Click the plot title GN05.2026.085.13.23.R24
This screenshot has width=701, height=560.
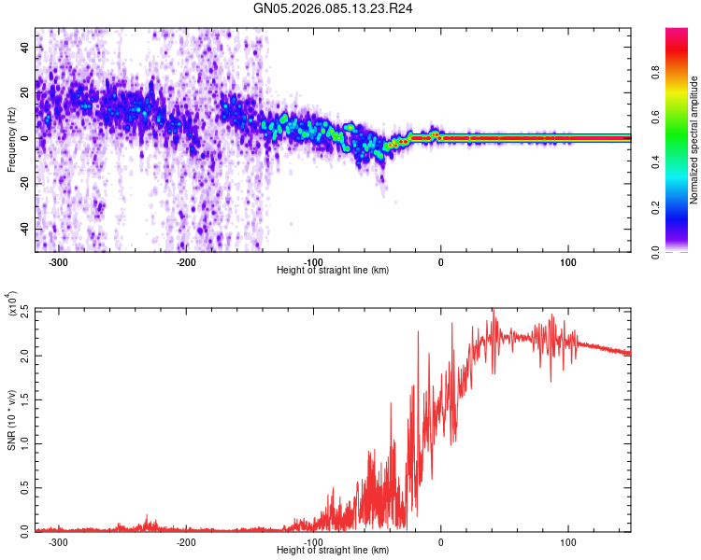coord(334,8)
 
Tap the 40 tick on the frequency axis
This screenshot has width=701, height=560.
coord(26,46)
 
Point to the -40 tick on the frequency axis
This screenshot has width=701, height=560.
coord(24,229)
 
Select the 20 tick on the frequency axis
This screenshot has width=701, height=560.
coord(26,91)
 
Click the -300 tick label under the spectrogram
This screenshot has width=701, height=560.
coord(59,262)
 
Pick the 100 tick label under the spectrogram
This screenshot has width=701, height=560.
coord(568,262)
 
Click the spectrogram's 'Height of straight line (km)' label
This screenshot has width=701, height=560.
coord(333,271)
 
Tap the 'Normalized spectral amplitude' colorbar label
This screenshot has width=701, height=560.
coord(694,140)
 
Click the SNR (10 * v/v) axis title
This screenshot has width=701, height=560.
coord(11,420)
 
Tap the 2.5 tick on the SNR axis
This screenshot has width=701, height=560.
coord(23,309)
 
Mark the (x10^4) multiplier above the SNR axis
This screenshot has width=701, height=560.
coord(13,304)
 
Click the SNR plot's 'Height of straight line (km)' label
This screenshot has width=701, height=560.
coord(333,552)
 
